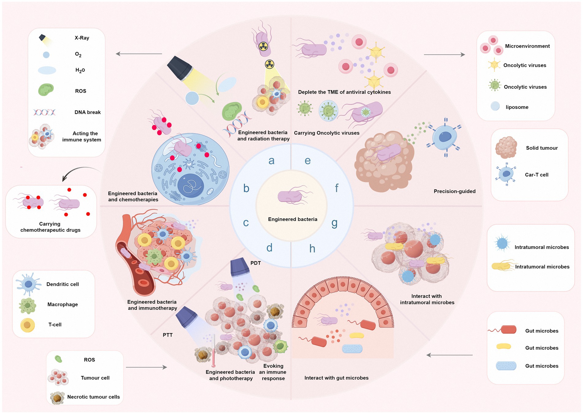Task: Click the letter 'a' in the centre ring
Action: pyautogui.click(x=271, y=161)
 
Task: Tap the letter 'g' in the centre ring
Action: pyautogui.click(x=334, y=223)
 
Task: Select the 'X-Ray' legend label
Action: pyautogui.click(x=82, y=38)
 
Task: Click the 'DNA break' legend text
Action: pyautogui.click(x=87, y=112)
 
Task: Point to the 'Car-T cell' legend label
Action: pyautogui.click(x=536, y=175)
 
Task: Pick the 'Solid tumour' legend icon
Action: pyautogui.click(x=506, y=148)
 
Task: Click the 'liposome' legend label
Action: pyautogui.click(x=517, y=107)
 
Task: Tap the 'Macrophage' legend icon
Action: pyautogui.click(x=28, y=306)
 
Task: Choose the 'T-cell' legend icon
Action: pyautogui.click(x=28, y=325)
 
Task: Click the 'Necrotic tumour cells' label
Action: pyautogui.click(x=93, y=397)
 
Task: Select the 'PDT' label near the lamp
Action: pyautogui.click(x=255, y=263)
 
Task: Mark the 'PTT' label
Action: pyautogui.click(x=168, y=335)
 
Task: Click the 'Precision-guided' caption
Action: pyautogui.click(x=455, y=191)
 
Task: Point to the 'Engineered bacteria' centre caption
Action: pyautogui.click(x=292, y=219)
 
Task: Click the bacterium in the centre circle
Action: pyautogui.click(x=290, y=196)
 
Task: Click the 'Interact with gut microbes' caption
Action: pyautogui.click(x=336, y=378)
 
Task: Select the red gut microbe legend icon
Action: pyautogui.click(x=508, y=330)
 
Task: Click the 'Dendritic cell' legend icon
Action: pyautogui.click(x=29, y=284)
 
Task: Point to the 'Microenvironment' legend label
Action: pyautogui.click(x=527, y=46)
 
